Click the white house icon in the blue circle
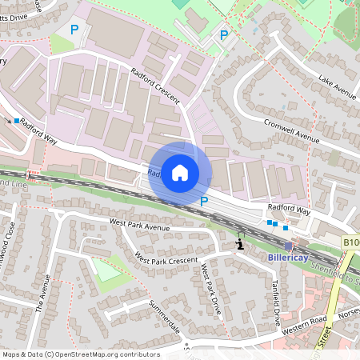pyautogui.click(x=180, y=172)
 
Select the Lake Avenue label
pyautogui.click(x=337, y=86)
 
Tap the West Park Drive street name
pyautogui.click(x=210, y=288)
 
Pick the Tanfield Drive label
pyautogui.click(x=276, y=298)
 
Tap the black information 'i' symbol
pyautogui.click(x=238, y=243)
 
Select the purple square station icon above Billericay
pyautogui.click(x=288, y=245)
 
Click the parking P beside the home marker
pyautogui.click(x=204, y=202)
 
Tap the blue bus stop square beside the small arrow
pyautogui.click(x=16, y=120)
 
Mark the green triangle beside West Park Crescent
pyautogui.click(x=104, y=269)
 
